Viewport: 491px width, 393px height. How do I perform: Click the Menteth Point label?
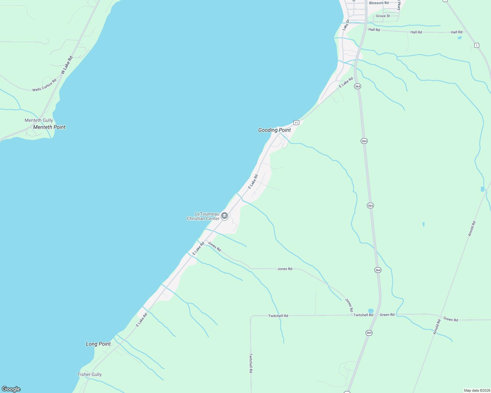coord(49,127)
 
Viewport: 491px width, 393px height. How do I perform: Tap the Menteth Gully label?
coord(39,120)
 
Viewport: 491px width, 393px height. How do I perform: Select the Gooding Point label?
coord(274,130)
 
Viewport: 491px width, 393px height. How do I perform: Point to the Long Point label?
coord(98,344)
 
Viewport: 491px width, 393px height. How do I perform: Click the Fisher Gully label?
coord(90,374)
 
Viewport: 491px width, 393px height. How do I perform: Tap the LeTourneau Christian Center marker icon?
coord(224,215)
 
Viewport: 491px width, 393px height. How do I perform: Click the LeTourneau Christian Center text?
coord(203,216)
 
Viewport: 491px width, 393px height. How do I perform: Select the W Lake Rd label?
coord(67,65)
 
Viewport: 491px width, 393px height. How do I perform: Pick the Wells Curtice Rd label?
coord(44,85)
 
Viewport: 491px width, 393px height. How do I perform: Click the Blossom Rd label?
coord(379,3)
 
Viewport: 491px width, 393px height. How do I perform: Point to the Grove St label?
coord(383,16)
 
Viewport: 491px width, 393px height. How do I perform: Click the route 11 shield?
coord(296,122)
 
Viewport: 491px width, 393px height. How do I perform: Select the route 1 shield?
coord(477,45)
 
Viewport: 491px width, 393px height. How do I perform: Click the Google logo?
coord(11,389)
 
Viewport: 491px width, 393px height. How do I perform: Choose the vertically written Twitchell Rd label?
coord(251,363)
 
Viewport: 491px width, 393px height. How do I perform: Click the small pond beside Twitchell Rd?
coord(371,310)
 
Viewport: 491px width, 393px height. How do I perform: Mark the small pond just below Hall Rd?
coord(459,38)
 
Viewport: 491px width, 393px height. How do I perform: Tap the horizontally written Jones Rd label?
coord(285,269)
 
